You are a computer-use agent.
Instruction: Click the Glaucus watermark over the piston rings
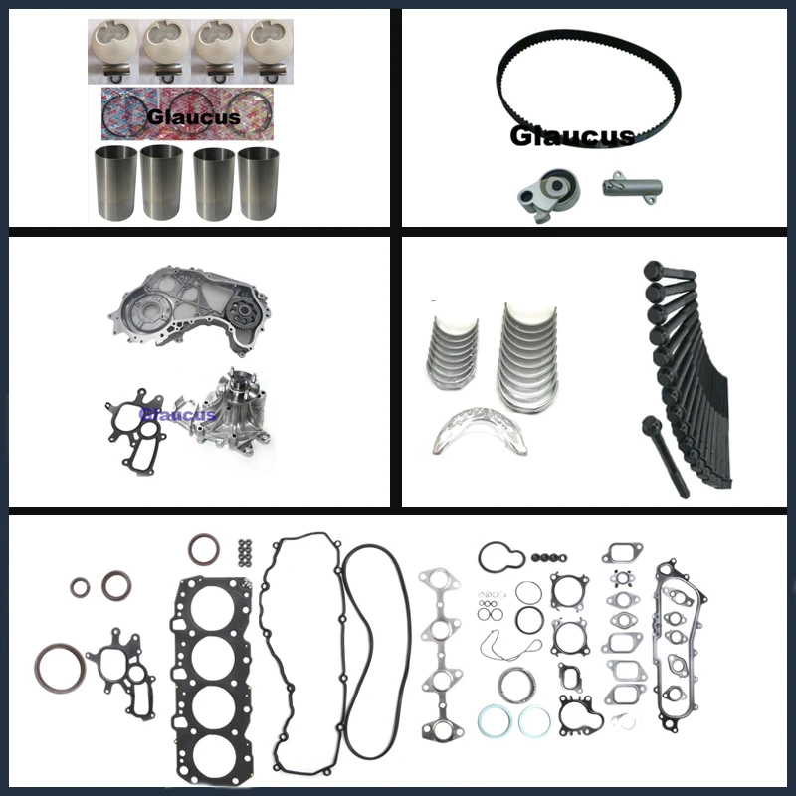193,116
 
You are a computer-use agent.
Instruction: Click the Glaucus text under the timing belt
571,136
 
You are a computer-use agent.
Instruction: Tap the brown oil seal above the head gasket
206,550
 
